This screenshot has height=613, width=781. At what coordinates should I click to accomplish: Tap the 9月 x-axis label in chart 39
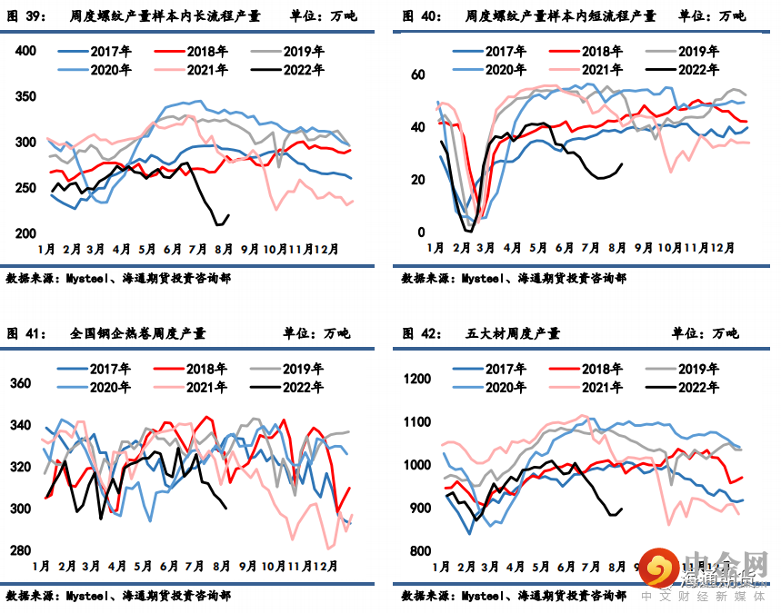(250, 247)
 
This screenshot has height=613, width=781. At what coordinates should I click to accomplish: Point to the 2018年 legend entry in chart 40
(596, 52)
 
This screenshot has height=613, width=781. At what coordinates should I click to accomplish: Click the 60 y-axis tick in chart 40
(418, 74)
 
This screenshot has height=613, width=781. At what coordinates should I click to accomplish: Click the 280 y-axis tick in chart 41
(22, 550)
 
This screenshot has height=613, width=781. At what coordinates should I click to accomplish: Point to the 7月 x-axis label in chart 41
(194, 566)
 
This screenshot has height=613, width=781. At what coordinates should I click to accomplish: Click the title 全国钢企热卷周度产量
(137, 334)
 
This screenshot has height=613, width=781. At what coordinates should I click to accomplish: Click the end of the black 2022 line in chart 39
(228, 215)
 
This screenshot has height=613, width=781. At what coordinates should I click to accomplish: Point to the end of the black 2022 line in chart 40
(623, 164)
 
